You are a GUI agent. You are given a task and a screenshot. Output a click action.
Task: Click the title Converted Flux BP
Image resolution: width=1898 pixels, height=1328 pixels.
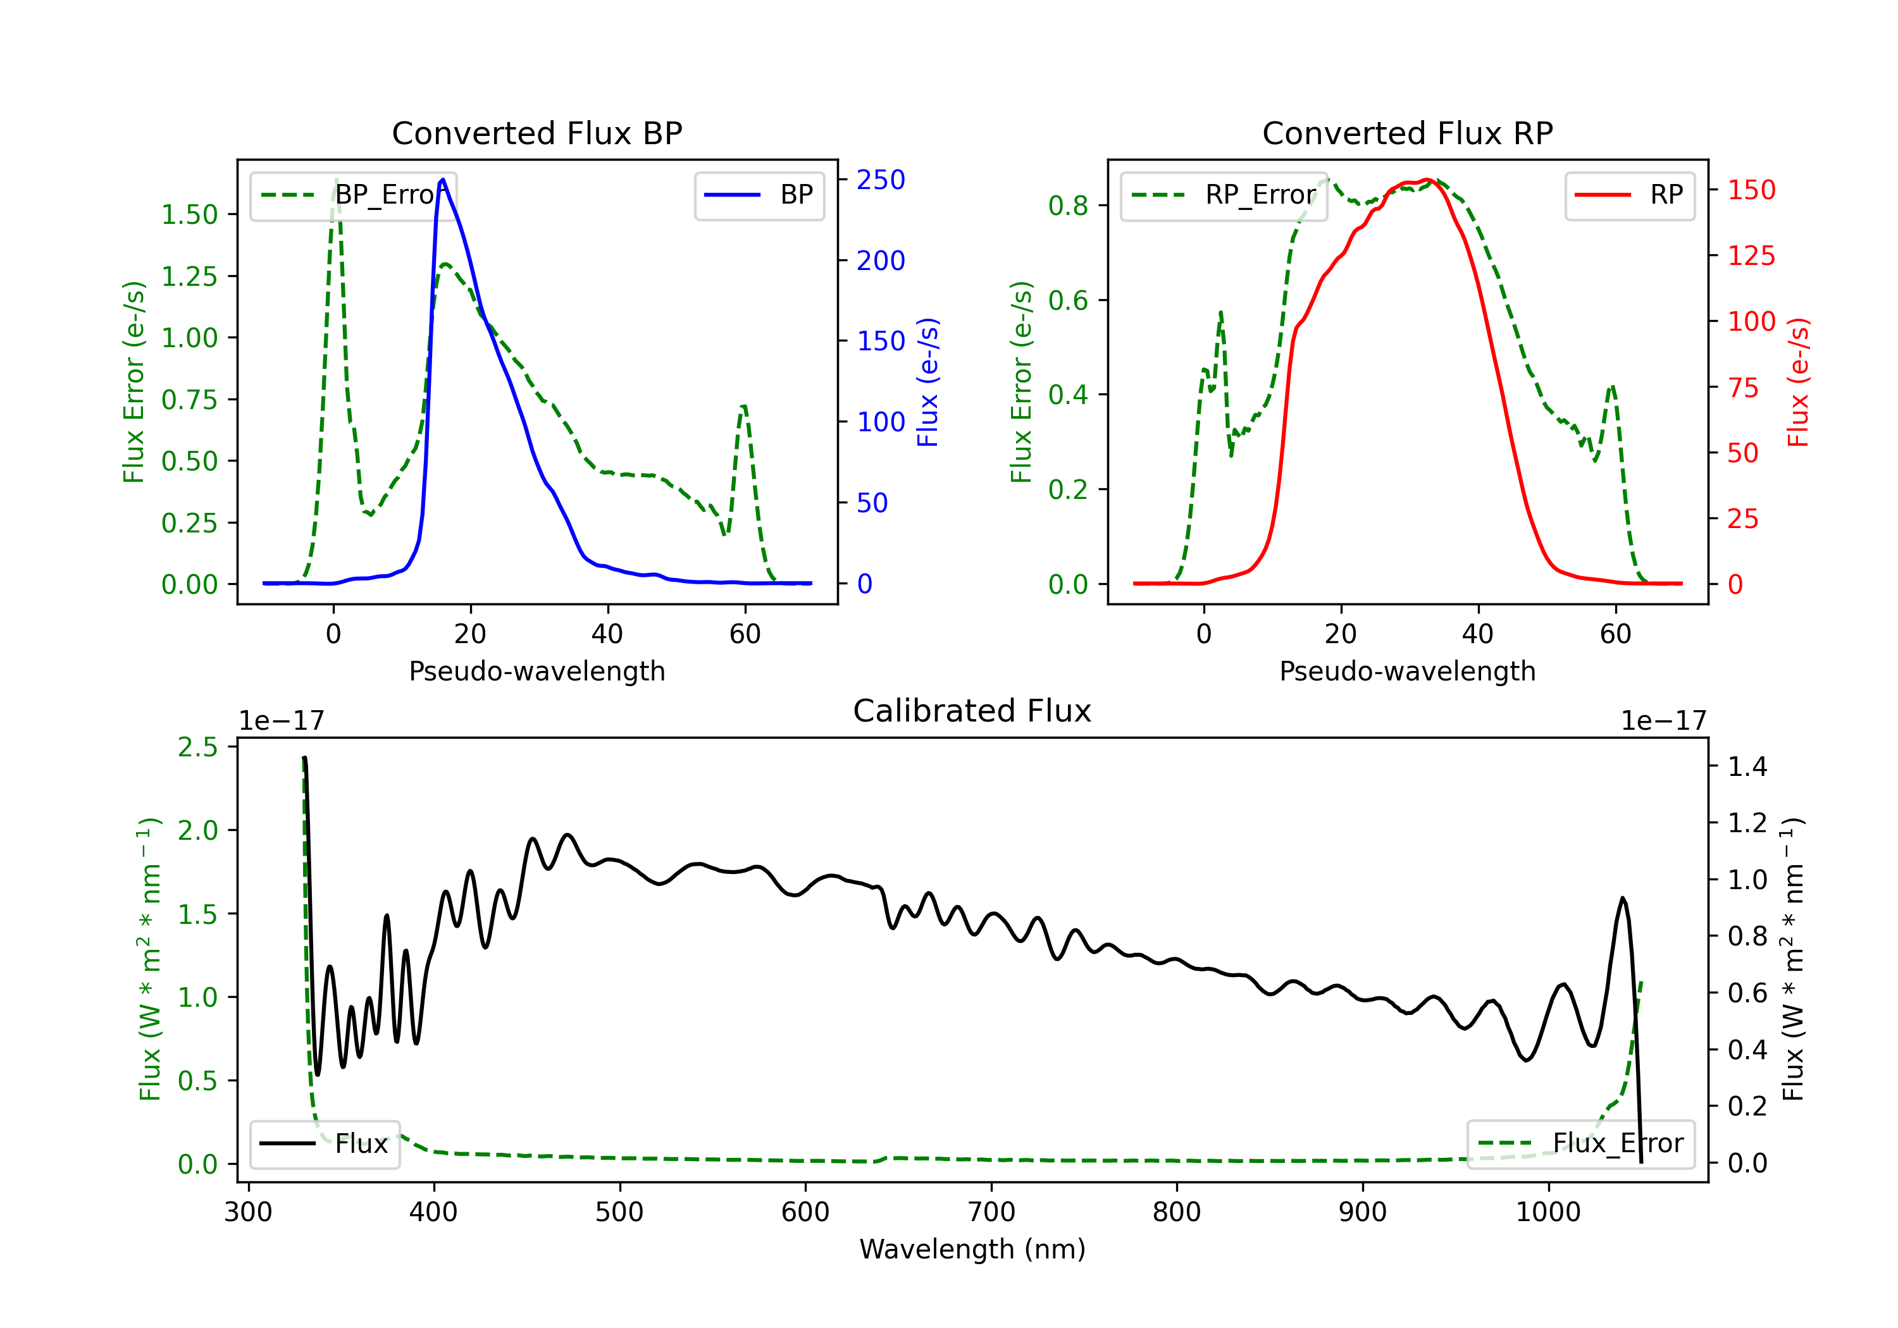[x=537, y=133]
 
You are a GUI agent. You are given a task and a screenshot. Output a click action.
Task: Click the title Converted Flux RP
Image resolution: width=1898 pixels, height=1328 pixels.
[x=1407, y=133]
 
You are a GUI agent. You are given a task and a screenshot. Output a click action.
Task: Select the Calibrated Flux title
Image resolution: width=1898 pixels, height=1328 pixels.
[x=972, y=711]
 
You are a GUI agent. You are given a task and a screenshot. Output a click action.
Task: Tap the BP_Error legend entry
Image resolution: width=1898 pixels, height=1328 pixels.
[x=353, y=195]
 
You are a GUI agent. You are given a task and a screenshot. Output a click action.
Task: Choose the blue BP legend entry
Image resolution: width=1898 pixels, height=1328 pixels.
[x=759, y=195]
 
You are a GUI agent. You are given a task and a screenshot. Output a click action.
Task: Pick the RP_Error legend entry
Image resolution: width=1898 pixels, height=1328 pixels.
[x=1224, y=195]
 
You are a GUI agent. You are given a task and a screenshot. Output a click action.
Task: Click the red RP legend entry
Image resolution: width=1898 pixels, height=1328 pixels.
[x=1629, y=195]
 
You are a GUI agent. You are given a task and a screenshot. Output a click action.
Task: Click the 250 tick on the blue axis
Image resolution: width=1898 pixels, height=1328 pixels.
[x=881, y=180]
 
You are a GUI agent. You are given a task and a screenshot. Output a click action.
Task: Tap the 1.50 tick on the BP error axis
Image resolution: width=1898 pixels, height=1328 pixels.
[x=189, y=215]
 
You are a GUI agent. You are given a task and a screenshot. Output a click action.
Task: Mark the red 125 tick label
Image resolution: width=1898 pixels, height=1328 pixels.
[x=1752, y=255]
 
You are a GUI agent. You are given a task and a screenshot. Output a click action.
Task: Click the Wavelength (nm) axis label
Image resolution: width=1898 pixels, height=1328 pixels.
[x=972, y=1249]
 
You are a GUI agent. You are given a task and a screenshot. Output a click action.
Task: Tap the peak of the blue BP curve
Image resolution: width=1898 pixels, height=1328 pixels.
[x=443, y=180]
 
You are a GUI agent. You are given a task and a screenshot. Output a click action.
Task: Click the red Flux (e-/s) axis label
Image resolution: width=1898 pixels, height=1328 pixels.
[x=1798, y=383]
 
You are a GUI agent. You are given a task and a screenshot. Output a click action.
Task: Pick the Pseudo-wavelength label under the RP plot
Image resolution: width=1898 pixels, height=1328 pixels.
[x=1407, y=671]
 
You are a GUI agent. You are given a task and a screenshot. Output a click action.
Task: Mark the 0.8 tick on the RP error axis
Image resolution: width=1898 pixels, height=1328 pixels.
[x=1068, y=206]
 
